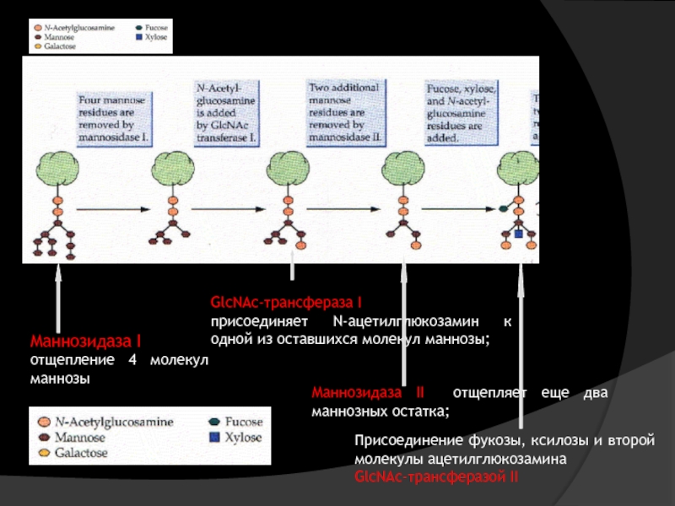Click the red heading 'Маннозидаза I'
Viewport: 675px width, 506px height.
point(85,342)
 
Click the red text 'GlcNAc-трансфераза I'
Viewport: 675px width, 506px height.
point(286,302)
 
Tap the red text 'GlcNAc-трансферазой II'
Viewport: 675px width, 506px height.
point(436,477)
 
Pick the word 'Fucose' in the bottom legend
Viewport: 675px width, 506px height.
point(244,422)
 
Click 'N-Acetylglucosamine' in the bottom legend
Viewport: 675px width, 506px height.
point(114,421)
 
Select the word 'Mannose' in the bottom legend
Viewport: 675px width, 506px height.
point(80,437)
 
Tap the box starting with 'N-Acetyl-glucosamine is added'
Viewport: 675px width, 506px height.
point(226,111)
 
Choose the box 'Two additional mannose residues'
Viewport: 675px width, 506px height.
point(343,110)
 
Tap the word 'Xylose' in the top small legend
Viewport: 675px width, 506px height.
point(157,37)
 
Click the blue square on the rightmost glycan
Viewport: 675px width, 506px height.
point(519,233)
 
